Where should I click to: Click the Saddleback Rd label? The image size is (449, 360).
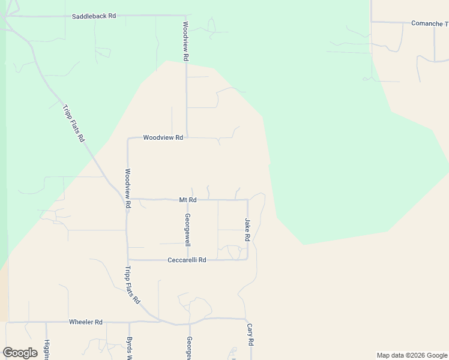coord(94,16)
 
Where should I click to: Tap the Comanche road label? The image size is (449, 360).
coord(429,23)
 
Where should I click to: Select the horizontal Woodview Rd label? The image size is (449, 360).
coord(163,137)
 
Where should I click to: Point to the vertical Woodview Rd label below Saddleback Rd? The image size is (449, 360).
coord(186,41)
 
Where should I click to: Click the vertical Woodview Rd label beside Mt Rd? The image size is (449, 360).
coord(128,188)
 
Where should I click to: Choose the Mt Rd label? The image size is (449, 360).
coord(188,200)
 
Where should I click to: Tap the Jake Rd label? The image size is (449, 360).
coord(247,230)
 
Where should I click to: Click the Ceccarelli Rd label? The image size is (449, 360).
coord(186,260)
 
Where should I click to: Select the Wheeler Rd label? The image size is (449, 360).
coord(86,322)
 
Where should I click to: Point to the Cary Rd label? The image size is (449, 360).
coord(250,335)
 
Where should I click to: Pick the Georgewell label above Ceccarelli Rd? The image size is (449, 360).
coord(188,230)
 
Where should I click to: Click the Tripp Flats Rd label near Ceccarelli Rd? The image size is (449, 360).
coord(133,284)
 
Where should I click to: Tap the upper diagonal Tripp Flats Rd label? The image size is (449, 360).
coord(73,123)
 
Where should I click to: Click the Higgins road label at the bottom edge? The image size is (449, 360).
coord(47,349)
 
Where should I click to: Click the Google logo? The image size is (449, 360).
coord(20,353)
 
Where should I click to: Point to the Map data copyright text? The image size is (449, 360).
coord(411,355)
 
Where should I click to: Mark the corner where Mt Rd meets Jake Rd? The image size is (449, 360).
coord(247,200)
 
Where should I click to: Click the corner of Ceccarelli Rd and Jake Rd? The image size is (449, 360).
coord(247,259)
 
